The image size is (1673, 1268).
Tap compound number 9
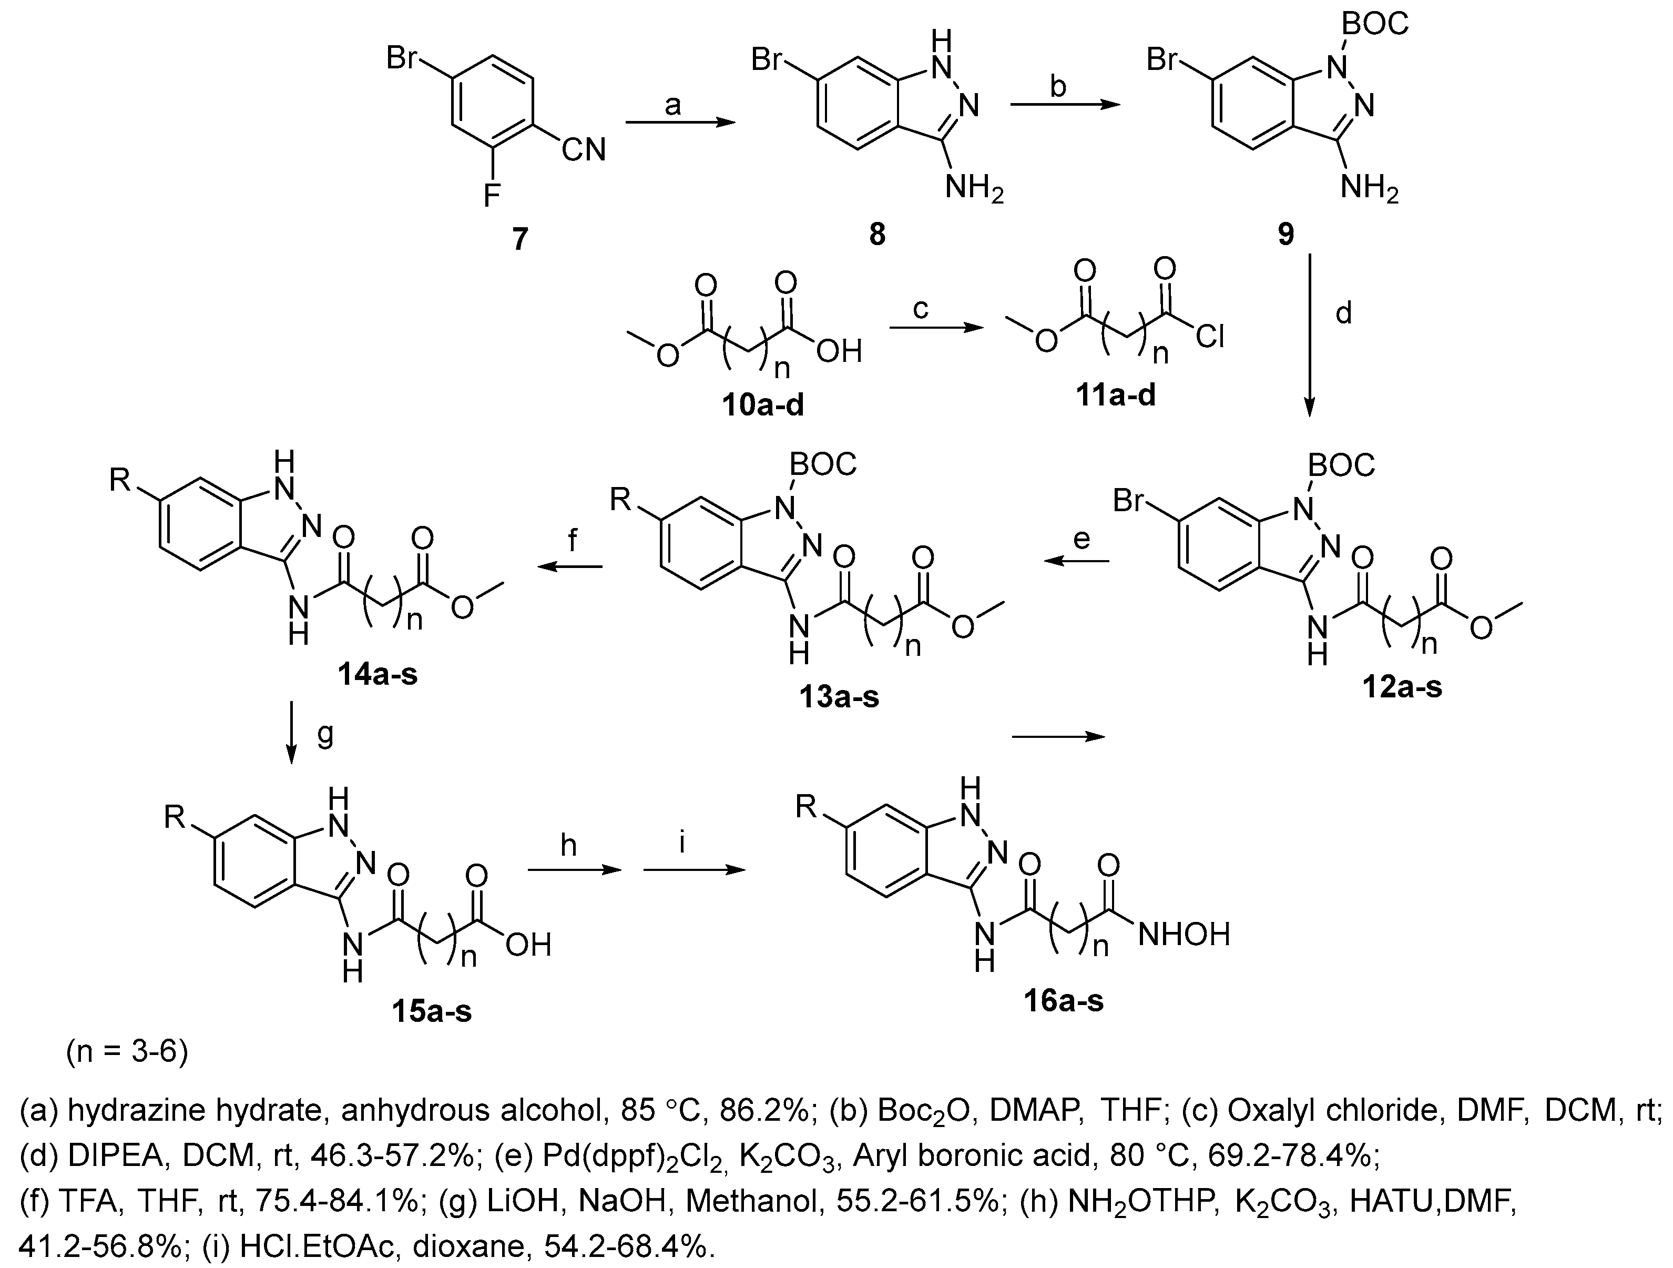tap(1286, 235)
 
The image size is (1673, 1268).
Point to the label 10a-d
tap(762, 405)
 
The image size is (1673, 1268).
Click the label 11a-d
tap(1116, 394)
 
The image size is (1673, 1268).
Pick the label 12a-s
tap(1402, 686)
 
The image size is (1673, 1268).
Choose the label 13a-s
tap(839, 696)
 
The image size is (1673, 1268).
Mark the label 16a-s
tap(1064, 1000)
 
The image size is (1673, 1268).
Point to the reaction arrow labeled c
tap(935, 328)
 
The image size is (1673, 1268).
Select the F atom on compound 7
tap(492, 197)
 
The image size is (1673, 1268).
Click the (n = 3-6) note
tap(127, 1052)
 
